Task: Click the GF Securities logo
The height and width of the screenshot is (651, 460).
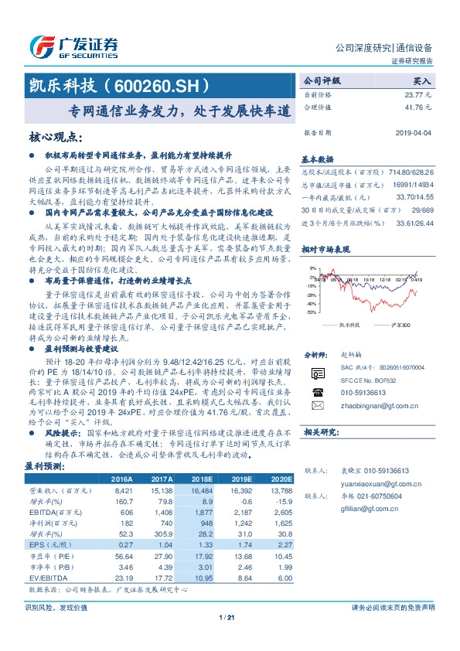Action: [73, 46]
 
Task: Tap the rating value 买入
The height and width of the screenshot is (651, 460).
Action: [421, 80]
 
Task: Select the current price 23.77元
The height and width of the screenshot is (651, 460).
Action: [416, 94]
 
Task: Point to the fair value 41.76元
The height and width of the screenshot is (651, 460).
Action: [416, 107]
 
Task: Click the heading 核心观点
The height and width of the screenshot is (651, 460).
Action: [55, 138]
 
